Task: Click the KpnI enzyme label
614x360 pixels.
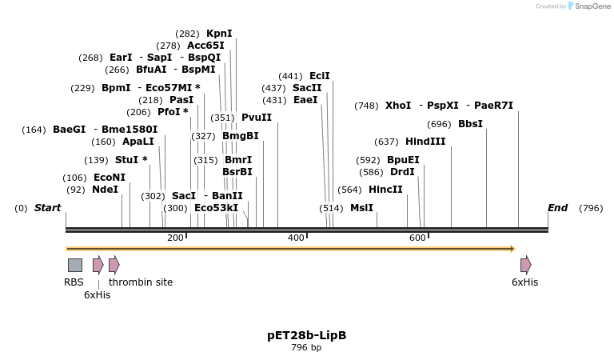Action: (x=219, y=34)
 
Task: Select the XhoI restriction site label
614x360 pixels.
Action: (x=398, y=106)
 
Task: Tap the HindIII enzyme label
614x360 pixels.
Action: (x=425, y=142)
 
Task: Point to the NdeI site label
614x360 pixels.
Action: (x=105, y=190)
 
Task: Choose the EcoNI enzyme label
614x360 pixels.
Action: (x=110, y=178)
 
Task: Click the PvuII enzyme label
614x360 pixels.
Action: (x=257, y=118)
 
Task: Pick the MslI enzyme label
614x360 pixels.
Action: (x=361, y=208)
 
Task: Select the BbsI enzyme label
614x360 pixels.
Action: (x=470, y=124)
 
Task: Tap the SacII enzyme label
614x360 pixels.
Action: (x=307, y=88)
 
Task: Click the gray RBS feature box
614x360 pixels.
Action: (x=74, y=265)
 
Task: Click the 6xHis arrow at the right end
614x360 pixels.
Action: (x=525, y=265)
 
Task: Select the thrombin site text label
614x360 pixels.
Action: (x=141, y=282)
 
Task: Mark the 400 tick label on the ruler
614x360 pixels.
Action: (x=296, y=238)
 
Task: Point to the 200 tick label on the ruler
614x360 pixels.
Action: (x=175, y=238)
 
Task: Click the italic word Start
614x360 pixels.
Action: (x=47, y=208)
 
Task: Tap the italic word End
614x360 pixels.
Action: (x=557, y=208)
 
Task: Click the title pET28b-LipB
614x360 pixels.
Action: (x=306, y=335)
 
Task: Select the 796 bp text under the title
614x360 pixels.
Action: (x=306, y=348)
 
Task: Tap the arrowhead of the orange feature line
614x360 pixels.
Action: (x=512, y=249)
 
